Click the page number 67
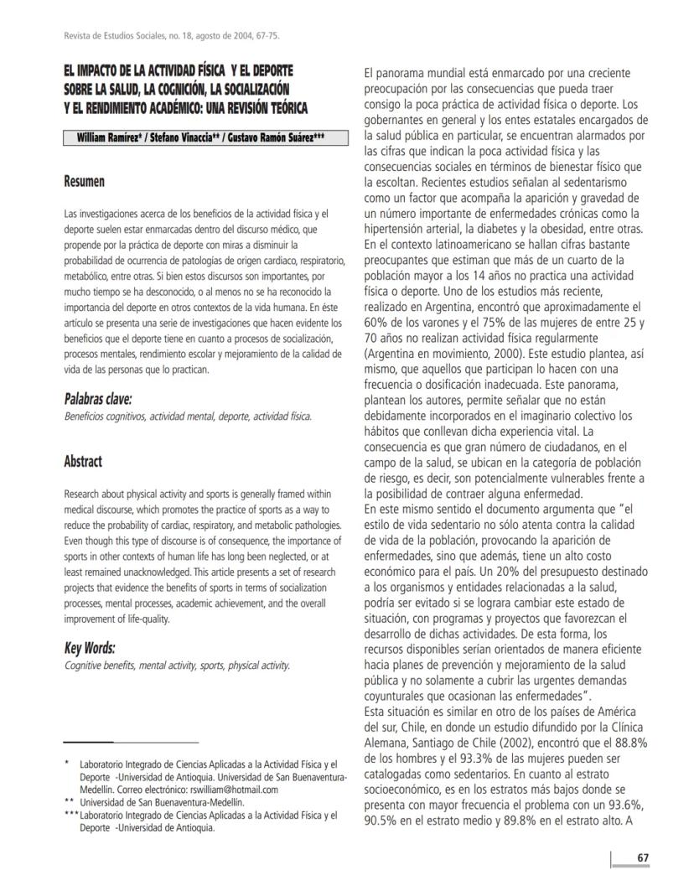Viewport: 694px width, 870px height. (x=643, y=857)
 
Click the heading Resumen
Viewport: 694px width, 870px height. (x=85, y=181)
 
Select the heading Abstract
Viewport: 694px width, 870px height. (x=83, y=462)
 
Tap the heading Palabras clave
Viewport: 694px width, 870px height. (x=98, y=399)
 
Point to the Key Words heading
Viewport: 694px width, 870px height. (x=90, y=648)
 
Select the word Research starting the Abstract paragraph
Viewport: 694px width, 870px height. (x=85, y=495)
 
